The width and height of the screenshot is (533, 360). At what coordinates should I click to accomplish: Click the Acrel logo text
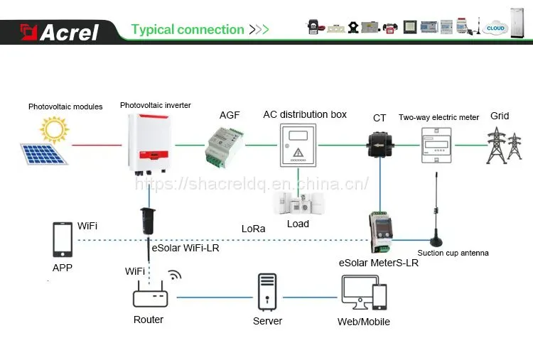coord(69,33)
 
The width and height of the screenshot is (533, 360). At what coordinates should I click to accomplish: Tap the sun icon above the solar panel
coord(54,129)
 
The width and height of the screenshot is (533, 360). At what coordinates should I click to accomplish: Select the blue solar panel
coord(44,154)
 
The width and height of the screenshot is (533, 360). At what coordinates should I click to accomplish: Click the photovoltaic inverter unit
coord(149,143)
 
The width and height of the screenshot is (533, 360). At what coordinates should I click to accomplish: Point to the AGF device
coord(224,147)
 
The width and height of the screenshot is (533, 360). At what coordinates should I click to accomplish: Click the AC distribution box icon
coord(298,145)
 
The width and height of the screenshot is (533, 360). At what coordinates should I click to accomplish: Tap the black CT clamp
coord(380,145)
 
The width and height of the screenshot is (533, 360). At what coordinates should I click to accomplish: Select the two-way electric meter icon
coord(436,145)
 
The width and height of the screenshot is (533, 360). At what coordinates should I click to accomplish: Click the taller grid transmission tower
coord(497,146)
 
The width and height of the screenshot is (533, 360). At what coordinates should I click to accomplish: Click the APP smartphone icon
coord(63,239)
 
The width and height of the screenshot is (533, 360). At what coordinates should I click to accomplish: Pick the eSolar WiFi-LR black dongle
coord(148,221)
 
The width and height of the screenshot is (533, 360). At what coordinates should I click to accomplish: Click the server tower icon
coord(267,292)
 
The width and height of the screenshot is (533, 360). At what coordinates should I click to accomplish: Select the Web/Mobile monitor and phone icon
coord(364,293)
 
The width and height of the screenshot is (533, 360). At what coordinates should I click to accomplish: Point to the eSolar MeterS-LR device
coord(381,232)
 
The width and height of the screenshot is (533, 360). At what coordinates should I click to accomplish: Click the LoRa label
coord(253,229)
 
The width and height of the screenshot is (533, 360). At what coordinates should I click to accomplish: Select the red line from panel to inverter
coord(97,145)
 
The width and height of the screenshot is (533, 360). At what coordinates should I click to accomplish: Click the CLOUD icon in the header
coord(495,28)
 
